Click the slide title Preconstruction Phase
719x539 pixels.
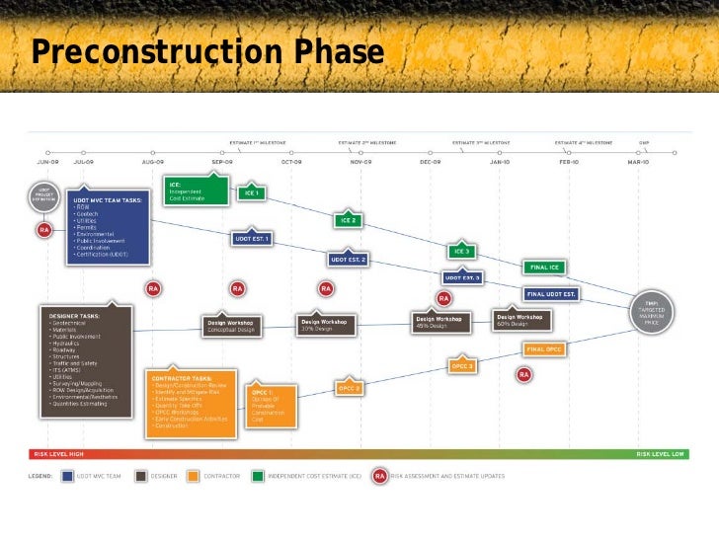pos(206,51)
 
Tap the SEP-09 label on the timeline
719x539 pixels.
pos(221,161)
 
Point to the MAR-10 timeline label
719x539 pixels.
pos(637,161)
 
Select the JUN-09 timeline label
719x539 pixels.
pos(47,161)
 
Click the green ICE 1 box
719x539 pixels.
pos(251,193)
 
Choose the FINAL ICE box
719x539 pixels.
pos(544,267)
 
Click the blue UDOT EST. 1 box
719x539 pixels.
pos(252,238)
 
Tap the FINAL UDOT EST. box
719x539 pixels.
pos(551,293)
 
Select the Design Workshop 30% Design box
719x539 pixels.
pos(324,323)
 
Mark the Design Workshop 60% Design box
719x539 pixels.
pos(521,320)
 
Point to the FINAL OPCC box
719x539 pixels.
pos(544,348)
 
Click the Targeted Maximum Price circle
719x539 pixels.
pos(651,313)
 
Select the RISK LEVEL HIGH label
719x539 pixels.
pos(58,455)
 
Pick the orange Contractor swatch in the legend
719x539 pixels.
pos(194,476)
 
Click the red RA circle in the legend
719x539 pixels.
pos(379,476)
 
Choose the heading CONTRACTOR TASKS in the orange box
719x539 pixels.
pos(182,377)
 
